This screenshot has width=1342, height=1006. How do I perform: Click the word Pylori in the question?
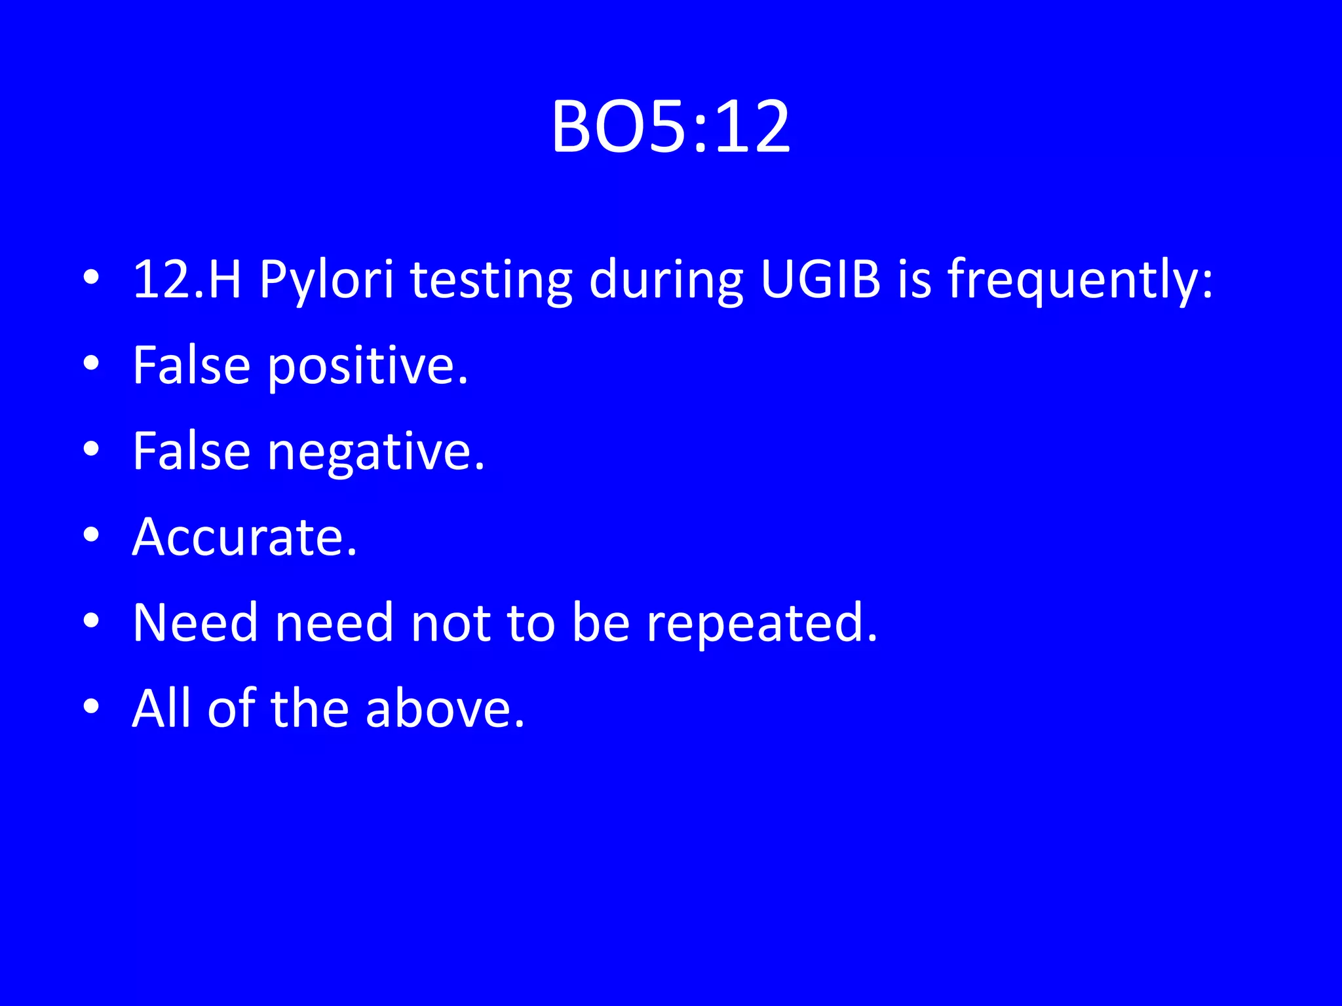tap(326, 280)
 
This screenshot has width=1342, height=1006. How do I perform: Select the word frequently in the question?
tap(1080, 280)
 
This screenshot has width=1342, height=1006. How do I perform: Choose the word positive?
tap(368, 366)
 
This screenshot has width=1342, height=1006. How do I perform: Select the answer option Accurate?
tap(244, 537)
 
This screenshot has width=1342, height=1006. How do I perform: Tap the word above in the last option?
tap(446, 709)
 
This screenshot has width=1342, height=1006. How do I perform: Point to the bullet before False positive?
tap(91, 363)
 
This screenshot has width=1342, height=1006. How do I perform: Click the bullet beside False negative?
tap(91, 449)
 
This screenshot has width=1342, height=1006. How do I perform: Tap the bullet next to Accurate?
tap(91, 535)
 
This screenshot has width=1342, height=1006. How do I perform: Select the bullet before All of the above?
tap(91, 707)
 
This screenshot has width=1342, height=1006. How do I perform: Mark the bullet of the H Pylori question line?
tap(91, 278)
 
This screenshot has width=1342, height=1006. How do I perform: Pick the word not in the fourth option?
tap(450, 623)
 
